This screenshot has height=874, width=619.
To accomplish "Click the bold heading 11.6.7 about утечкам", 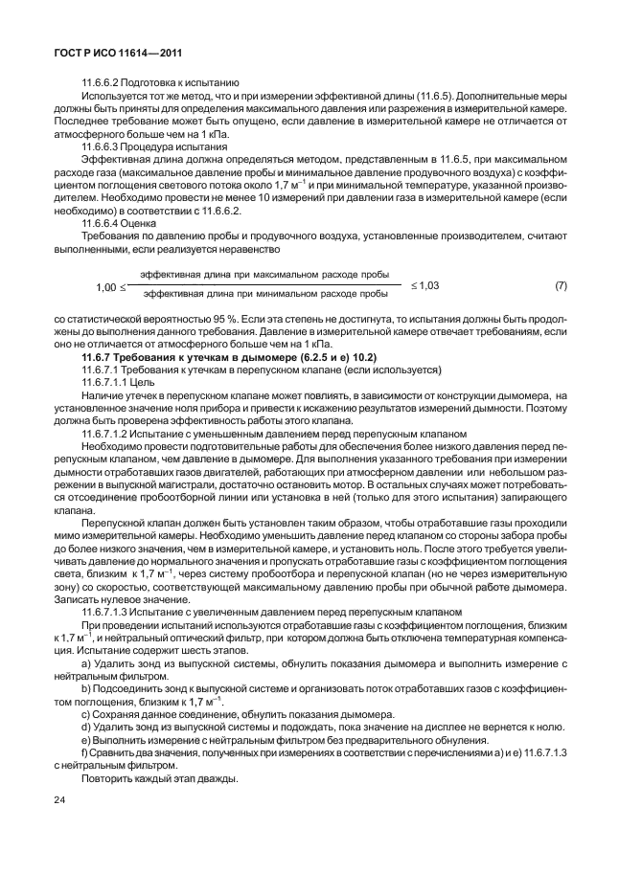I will pyautogui.click(x=221, y=356).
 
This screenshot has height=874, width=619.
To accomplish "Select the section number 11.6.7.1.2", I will pyautogui.click(x=110, y=433).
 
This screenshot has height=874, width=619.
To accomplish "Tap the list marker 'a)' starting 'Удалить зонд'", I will pyautogui.click(x=86, y=663).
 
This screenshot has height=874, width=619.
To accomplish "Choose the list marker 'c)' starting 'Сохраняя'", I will pyautogui.click(x=86, y=713).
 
